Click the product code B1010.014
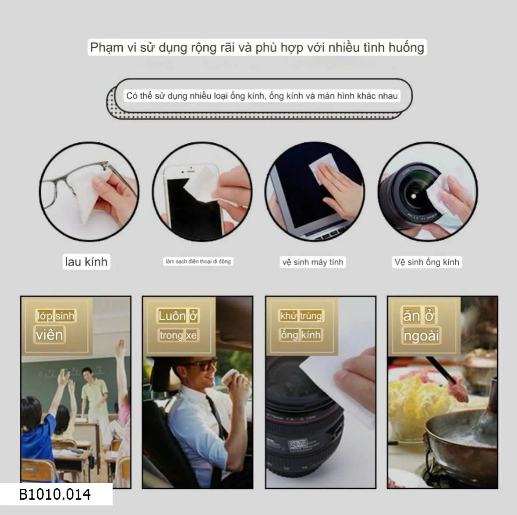[55, 494]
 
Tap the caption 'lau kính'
[86, 262]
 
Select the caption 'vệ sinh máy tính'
[312, 262]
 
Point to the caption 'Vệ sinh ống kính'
[426, 262]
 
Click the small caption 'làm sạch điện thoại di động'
[198, 261]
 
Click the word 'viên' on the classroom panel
[50, 335]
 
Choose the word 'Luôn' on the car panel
[172, 316]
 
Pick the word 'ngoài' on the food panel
[421, 336]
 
